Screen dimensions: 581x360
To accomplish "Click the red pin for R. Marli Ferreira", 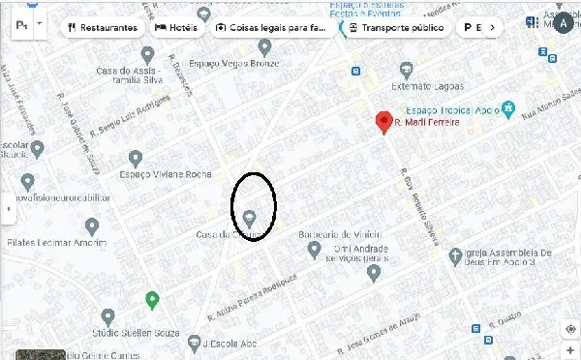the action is point(383,123).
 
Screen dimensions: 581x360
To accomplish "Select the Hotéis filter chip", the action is point(176,28).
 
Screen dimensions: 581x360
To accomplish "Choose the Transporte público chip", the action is point(398,28).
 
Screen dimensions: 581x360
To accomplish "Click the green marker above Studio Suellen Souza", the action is point(152,299).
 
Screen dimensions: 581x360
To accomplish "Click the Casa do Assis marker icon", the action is point(147,54).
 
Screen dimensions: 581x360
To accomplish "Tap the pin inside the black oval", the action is point(250,218).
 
